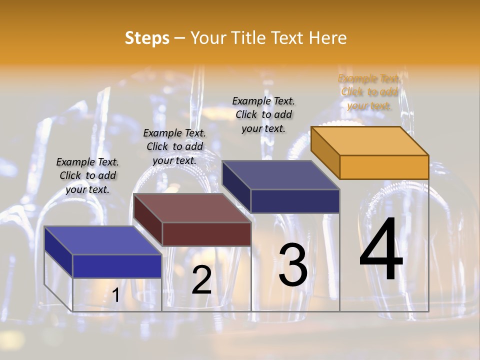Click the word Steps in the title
147,38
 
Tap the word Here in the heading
327,38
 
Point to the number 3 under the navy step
293,265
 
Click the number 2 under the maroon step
201,280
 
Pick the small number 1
115,295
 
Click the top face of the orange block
370,140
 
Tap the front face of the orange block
384,167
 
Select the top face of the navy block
281,175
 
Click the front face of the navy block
295,201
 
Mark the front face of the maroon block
206,234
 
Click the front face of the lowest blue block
117,266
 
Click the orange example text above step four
369,92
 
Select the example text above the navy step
263,114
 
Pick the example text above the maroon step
174,146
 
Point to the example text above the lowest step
87,175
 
